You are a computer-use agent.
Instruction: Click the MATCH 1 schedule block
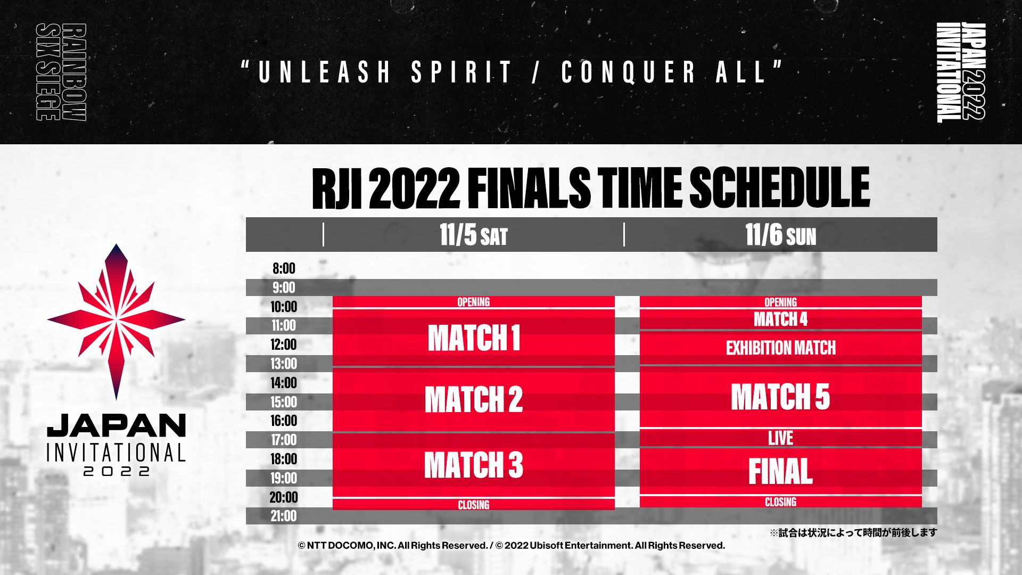coord(473,338)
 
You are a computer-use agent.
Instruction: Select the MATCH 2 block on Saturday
coord(473,399)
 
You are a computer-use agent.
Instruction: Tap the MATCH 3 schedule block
coord(473,465)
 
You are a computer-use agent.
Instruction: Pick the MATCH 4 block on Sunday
coord(780,319)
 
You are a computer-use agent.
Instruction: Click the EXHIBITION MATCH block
coord(780,348)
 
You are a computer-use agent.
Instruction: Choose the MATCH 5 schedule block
coord(780,397)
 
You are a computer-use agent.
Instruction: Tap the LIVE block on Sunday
coord(780,438)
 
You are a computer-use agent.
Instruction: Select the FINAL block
coord(780,471)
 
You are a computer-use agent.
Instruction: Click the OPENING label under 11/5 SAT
coord(473,302)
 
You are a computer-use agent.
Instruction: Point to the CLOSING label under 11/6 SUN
coord(780,502)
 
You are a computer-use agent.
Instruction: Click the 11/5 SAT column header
coord(473,235)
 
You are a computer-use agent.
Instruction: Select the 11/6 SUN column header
coord(780,235)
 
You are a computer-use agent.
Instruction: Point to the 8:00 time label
coord(284,268)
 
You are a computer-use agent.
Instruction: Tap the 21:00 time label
coord(283,516)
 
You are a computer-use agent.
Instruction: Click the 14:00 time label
coord(283,383)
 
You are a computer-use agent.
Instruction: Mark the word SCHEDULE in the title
coord(779,187)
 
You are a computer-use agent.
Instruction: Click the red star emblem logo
coord(116,322)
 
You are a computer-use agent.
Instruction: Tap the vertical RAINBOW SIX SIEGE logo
coord(61,72)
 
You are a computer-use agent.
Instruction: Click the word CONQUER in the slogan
coord(629,72)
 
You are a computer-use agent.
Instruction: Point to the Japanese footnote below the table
coord(853,532)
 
